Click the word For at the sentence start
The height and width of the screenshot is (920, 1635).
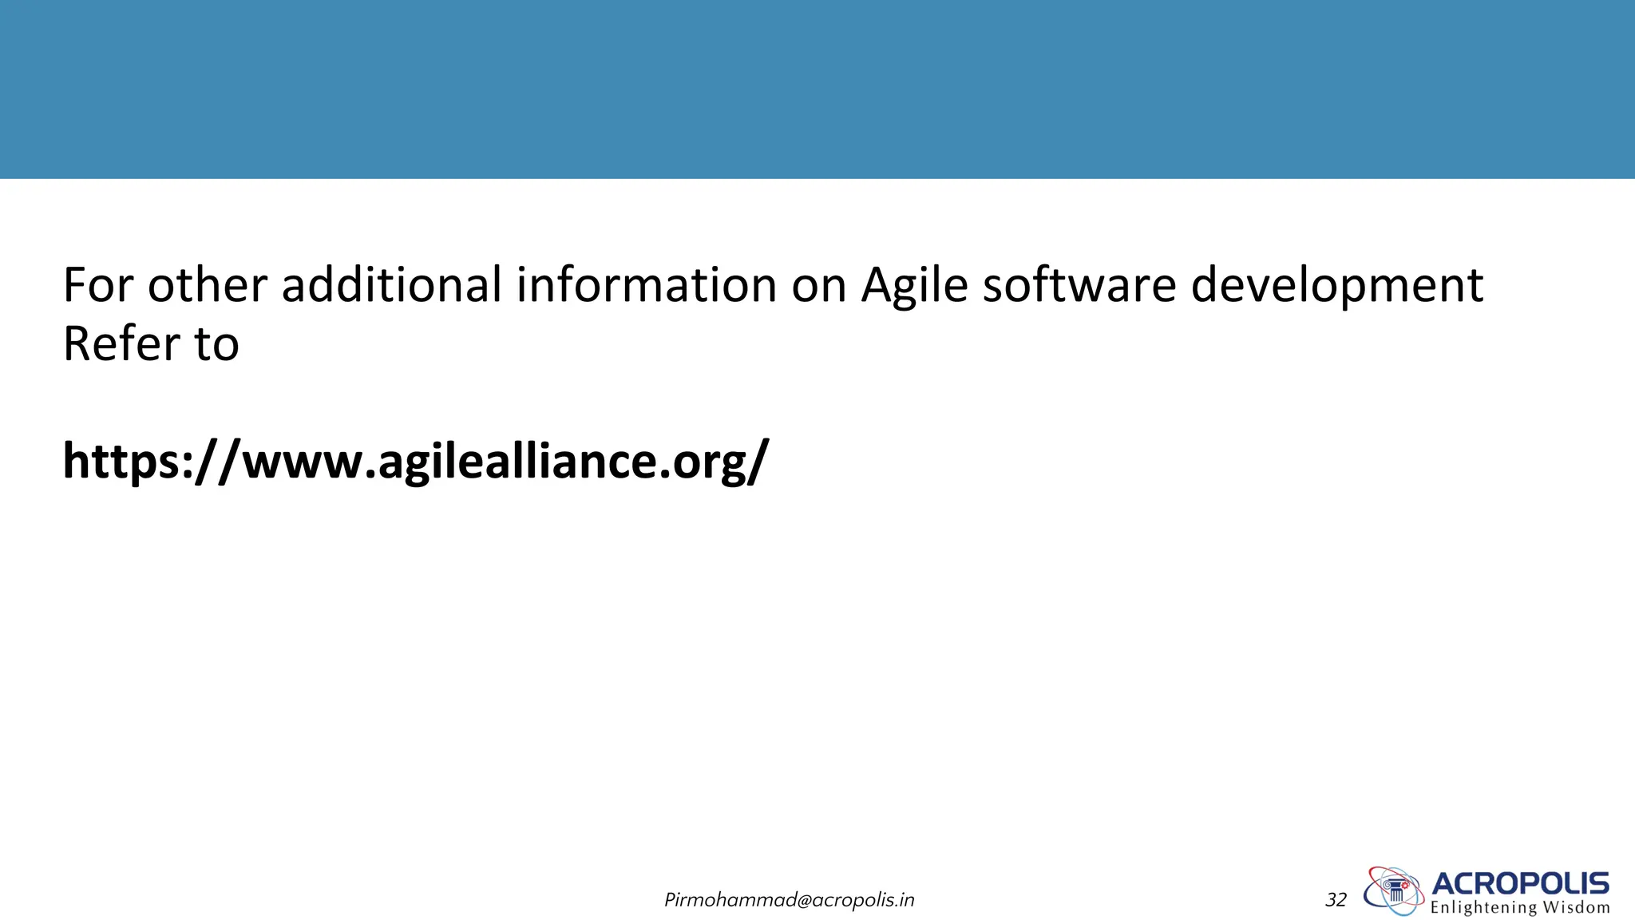tap(97, 285)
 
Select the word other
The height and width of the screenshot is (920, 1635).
tap(207, 285)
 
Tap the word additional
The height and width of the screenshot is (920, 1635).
tap(391, 285)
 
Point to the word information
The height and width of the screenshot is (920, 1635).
tap(646, 285)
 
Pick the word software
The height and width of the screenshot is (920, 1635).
tap(1079, 285)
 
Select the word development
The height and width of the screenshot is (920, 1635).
tap(1336, 287)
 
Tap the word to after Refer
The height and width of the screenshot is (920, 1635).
tap(216, 345)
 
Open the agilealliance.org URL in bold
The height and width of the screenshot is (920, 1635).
tap(415, 462)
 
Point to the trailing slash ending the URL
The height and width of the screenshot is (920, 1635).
tap(759, 462)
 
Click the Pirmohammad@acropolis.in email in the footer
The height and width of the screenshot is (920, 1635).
tap(789, 900)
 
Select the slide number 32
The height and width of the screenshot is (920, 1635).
tap(1336, 900)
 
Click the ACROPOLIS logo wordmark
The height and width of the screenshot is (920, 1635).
tap(1520, 883)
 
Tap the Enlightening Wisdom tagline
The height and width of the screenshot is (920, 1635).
tap(1519, 908)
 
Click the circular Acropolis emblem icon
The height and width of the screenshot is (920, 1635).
tap(1394, 890)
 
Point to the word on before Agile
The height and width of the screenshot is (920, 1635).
tap(818, 287)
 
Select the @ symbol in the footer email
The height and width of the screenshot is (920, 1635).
tap(803, 901)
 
